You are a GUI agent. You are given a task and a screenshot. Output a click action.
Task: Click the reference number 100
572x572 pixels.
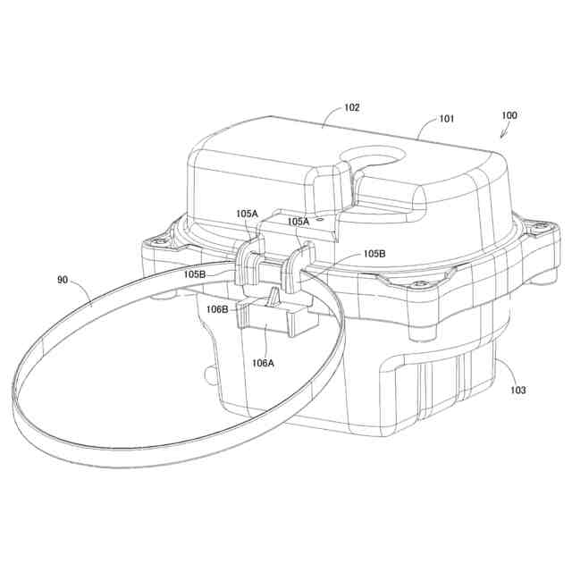(509, 115)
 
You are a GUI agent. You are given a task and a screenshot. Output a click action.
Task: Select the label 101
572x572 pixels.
(446, 119)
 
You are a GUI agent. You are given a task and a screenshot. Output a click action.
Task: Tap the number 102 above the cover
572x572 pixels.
(351, 107)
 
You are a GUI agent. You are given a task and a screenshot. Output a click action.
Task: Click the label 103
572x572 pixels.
(517, 391)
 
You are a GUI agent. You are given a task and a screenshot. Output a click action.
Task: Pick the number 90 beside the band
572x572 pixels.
(63, 281)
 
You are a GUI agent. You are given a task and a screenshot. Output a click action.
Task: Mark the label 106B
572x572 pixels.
(217, 309)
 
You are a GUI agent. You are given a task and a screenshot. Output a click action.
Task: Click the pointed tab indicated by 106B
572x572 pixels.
(272, 300)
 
